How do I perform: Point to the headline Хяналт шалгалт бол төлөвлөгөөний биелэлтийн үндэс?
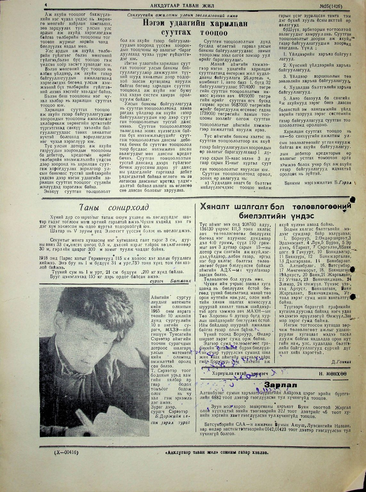pyautogui.click(x=275, y=210)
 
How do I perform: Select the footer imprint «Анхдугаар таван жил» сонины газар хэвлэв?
pyautogui.click(x=217, y=453)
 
